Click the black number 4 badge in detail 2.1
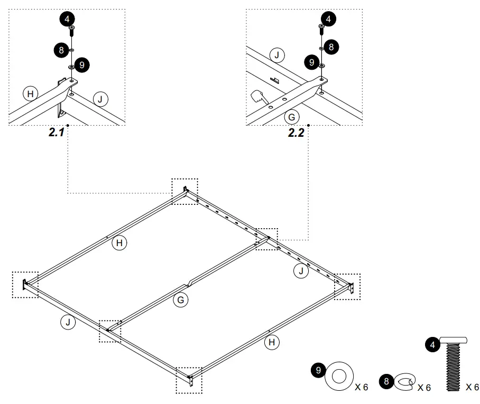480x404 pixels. (x=67, y=18)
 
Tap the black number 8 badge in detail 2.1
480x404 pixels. (x=61, y=51)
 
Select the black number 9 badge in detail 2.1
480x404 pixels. (x=82, y=65)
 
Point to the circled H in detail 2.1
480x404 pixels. (x=31, y=94)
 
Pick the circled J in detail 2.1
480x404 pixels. (x=100, y=98)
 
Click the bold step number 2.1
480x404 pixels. (x=57, y=133)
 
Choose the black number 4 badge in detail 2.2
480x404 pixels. (x=328, y=20)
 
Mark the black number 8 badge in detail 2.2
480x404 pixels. (x=331, y=47)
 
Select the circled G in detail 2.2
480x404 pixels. (x=291, y=116)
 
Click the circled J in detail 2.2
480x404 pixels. (x=276, y=54)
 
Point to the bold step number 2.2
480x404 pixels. (x=296, y=133)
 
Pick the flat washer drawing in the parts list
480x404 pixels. (x=339, y=376)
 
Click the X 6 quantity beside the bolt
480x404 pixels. (x=472, y=387)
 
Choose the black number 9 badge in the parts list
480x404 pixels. (x=318, y=370)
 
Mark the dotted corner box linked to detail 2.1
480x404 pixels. (x=184, y=191)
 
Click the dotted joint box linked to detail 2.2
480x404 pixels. (x=267, y=239)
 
